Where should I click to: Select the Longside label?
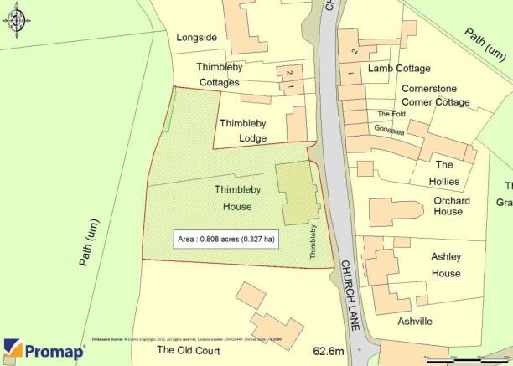click(197, 37)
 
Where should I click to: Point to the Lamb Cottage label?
click(398, 69)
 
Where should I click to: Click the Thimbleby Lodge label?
click(243, 131)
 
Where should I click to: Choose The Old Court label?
click(189, 350)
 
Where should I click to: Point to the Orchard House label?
click(452, 206)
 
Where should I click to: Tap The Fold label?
click(391, 114)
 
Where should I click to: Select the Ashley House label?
click(445, 265)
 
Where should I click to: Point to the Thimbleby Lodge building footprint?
click(297, 123)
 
